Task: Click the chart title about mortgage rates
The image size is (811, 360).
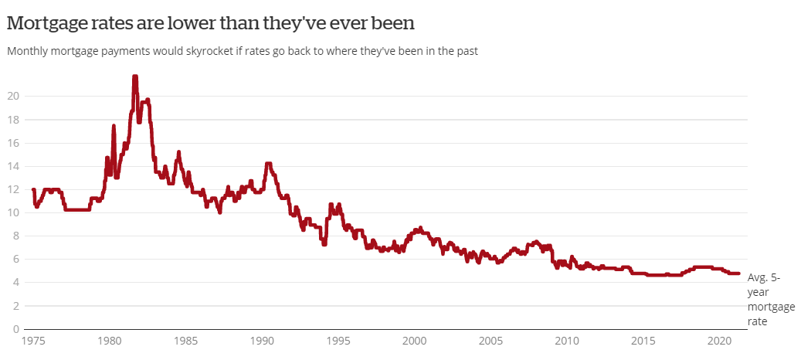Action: pos(211,24)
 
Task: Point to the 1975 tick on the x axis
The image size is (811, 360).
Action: pos(34,342)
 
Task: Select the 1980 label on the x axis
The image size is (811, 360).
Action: pos(110,342)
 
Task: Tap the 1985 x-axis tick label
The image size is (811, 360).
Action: pos(186,342)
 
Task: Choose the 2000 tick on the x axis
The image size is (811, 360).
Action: pos(415,342)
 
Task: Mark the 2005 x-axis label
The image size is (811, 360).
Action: pos(490,342)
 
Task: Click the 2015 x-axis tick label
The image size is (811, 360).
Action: pos(643,342)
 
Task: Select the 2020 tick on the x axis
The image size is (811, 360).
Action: pos(719,342)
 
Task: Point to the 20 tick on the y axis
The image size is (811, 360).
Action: pos(13,97)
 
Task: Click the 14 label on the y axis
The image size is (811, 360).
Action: pos(13,167)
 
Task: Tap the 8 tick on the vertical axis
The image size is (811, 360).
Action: pos(16,236)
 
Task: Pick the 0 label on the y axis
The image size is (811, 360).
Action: pos(16,329)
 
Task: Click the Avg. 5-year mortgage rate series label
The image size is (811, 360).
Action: pos(771,300)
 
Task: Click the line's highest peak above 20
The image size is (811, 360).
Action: pos(135,77)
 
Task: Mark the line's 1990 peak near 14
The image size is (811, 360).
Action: pos(268,165)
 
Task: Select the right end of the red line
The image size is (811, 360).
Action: pos(738,273)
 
